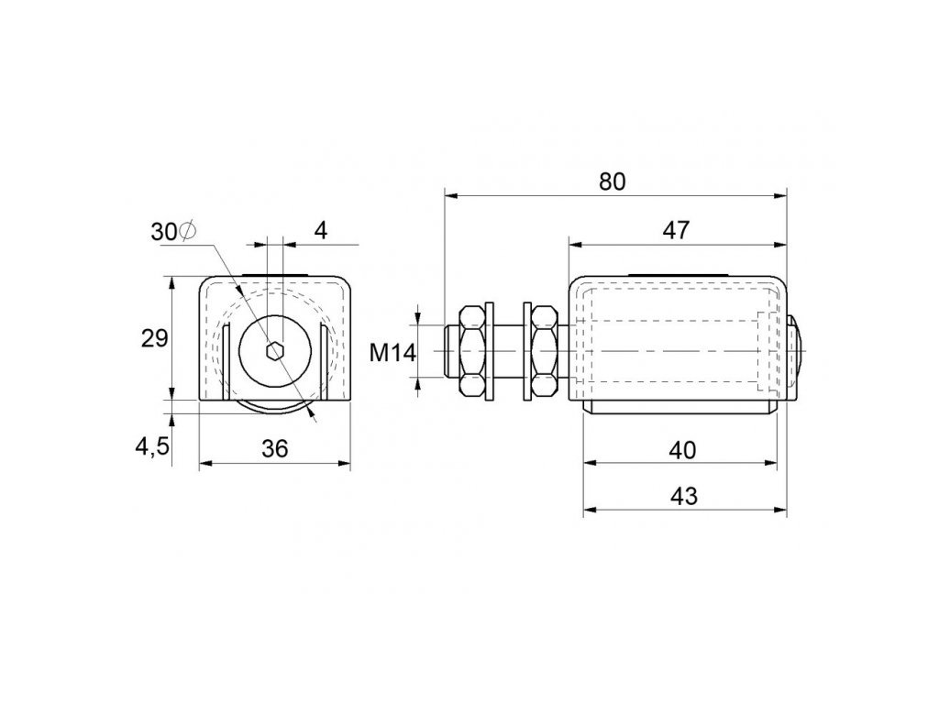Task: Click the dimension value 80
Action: [612, 181]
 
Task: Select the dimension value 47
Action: [676, 230]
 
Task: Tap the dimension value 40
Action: [682, 449]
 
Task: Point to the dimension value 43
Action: [683, 496]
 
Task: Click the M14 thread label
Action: [392, 353]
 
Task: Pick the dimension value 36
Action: [275, 448]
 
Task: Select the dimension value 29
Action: [154, 339]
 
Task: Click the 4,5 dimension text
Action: [152, 446]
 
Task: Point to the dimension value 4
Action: [321, 230]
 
